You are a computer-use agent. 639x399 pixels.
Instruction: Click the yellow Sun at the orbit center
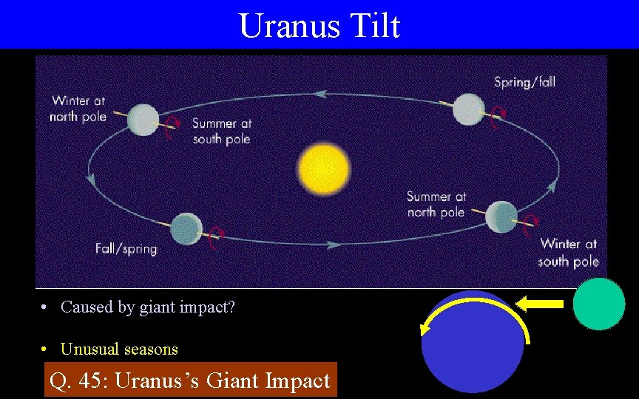pos(323,169)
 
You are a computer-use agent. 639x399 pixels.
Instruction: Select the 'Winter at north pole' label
pos(78,108)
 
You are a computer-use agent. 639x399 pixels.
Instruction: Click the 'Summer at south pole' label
pos(221,131)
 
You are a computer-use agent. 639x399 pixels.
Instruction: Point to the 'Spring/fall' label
pos(524,81)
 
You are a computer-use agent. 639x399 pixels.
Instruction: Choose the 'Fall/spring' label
pos(126,248)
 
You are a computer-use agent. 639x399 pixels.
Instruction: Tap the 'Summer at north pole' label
pos(436,204)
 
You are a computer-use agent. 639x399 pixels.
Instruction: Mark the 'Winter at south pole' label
pos(568,252)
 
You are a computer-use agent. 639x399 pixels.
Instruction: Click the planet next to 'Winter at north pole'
pos(143,119)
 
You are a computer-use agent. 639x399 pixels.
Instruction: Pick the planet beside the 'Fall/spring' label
pos(186,228)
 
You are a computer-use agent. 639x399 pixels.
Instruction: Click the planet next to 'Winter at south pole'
pos(501,216)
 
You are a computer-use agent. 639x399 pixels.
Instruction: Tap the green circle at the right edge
pos(599,304)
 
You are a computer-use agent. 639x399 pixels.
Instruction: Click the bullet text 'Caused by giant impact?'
pos(147,307)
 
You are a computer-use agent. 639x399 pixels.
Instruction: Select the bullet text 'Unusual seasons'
pos(119,349)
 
